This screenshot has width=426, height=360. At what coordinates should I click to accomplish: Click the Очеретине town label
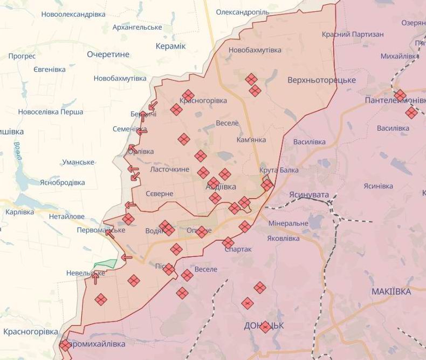[x=108, y=54]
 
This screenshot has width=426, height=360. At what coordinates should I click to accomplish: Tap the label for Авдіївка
[x=221, y=187]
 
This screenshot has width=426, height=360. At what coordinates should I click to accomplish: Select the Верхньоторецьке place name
[x=322, y=80]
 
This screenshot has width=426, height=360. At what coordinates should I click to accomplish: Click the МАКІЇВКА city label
[x=391, y=291]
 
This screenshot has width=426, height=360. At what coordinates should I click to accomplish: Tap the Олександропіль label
[x=243, y=12]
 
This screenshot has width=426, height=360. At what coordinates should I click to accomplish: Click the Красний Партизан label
[x=353, y=35]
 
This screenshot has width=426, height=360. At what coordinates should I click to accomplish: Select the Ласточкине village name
[x=169, y=169]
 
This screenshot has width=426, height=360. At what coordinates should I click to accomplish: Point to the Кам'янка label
[x=251, y=140]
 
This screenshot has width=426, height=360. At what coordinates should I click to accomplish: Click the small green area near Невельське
[x=106, y=264]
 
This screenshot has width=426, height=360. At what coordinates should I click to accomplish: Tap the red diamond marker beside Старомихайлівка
[x=65, y=345]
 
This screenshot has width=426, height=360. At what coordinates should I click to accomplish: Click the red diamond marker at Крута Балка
[x=267, y=185]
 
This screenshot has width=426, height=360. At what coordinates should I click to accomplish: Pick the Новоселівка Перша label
[x=51, y=112]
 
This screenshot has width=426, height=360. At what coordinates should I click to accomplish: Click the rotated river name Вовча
[x=17, y=151]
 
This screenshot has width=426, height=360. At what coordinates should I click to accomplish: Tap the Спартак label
[x=238, y=250]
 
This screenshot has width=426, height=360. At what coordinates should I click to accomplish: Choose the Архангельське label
[x=138, y=27]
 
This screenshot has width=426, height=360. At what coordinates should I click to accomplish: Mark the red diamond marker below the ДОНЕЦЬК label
[x=265, y=327]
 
